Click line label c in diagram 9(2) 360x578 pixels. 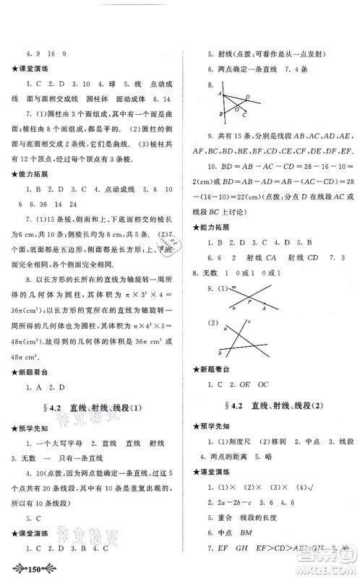coord(248,321)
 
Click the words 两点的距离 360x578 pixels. coord(235,460)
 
